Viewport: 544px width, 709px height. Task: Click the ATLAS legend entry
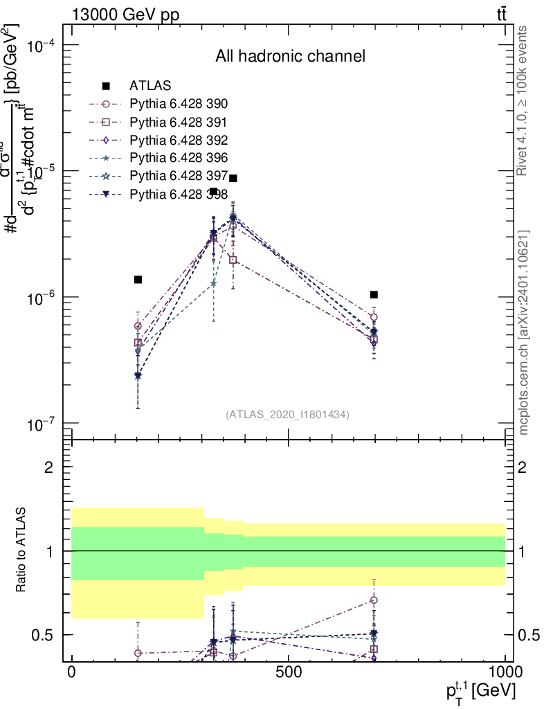[x=150, y=87]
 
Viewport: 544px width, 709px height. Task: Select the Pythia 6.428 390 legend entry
[x=179, y=105]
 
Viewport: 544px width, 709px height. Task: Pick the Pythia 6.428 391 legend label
[x=179, y=123]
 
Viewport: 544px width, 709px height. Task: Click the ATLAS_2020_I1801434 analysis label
[x=287, y=415]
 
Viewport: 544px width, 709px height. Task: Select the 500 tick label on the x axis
[x=288, y=672]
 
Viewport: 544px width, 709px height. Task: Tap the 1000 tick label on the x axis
[x=505, y=672]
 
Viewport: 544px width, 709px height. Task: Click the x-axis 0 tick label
[x=71, y=672]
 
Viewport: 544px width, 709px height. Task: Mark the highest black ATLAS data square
[x=233, y=178]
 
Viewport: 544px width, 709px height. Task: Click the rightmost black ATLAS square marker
[x=374, y=294]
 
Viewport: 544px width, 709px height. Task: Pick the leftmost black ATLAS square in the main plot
[x=138, y=279]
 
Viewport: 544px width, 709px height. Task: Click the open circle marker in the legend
[x=106, y=105]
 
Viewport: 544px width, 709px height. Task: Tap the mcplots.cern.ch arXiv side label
[x=524, y=332]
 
